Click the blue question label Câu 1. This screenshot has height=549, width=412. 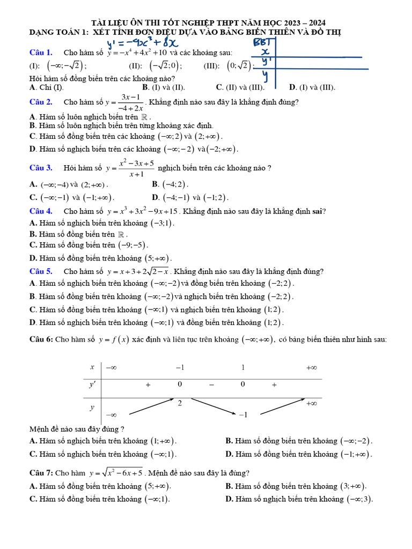(x=41, y=53)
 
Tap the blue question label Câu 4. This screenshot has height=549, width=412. (x=41, y=211)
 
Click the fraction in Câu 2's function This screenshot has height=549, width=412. (x=131, y=102)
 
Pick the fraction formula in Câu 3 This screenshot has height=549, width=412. (x=136, y=168)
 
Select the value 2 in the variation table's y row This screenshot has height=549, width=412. (x=180, y=403)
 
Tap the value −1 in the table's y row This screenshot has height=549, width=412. (x=243, y=415)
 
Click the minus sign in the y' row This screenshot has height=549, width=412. (x=211, y=384)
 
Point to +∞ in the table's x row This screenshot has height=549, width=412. (x=311, y=368)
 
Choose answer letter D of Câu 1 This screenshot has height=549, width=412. (x=292, y=87)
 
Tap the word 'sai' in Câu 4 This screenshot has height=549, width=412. (x=318, y=211)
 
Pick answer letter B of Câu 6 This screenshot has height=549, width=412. (x=229, y=441)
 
